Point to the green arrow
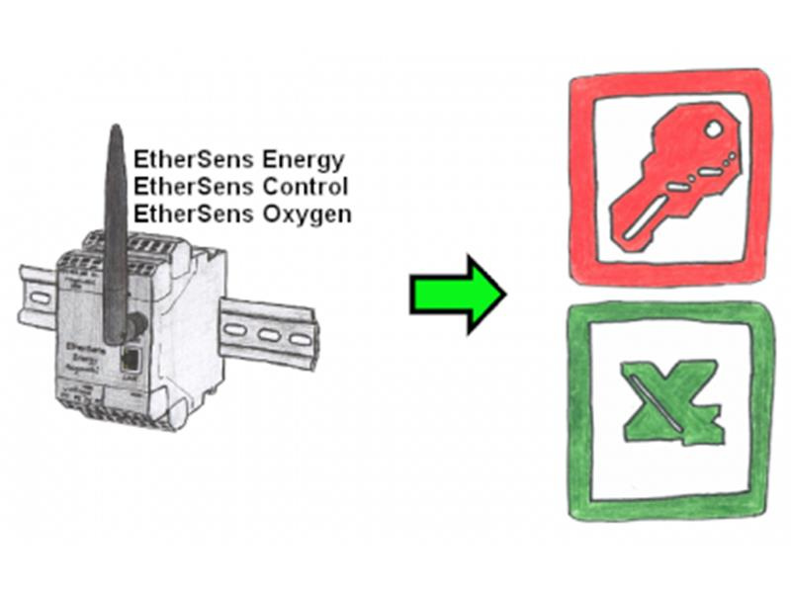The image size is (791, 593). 458,294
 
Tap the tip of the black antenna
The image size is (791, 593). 115,129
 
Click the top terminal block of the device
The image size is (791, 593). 129,243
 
